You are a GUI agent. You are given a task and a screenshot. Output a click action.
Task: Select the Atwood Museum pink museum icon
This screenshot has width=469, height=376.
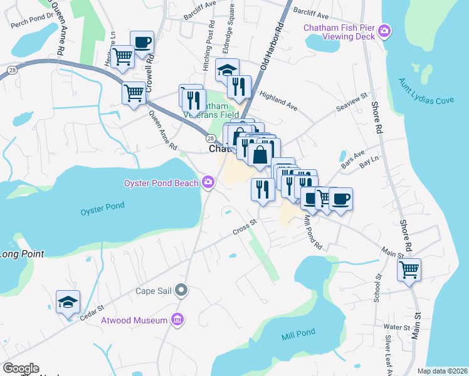(177, 320)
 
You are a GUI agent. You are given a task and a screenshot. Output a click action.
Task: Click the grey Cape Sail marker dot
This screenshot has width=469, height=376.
(182, 290)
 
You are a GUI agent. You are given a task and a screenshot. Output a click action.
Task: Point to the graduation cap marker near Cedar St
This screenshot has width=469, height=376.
(68, 301)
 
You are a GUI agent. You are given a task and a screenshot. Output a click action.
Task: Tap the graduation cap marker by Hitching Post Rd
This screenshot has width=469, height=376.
(228, 70)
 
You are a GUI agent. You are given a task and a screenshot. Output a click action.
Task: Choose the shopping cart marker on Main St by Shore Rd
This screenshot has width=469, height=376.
(409, 269)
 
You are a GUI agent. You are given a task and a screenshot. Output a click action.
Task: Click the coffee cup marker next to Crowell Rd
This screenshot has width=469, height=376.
(142, 42)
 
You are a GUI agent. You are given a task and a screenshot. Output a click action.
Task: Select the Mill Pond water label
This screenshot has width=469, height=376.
(296, 337)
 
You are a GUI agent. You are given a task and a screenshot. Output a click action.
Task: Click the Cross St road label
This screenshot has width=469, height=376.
(245, 226)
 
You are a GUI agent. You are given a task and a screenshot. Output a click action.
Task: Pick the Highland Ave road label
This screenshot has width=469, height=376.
(278, 99)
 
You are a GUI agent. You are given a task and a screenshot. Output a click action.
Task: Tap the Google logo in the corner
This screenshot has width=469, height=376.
(21, 368)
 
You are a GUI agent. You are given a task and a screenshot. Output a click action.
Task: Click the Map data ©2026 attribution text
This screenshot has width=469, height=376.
(442, 371)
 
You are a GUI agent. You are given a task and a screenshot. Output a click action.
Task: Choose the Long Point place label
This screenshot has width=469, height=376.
(22, 254)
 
